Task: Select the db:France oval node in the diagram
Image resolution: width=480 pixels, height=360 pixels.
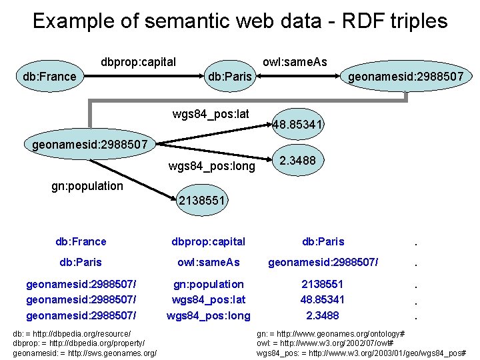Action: pos(49,77)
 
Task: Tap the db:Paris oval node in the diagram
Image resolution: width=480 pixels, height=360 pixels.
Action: pos(230,77)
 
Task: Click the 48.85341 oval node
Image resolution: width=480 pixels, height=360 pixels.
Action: pos(297,124)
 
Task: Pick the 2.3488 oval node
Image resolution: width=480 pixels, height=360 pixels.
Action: pos(297,161)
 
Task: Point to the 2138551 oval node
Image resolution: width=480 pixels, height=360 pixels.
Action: pos(203,200)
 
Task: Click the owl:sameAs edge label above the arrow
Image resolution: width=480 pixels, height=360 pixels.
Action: pos(295,62)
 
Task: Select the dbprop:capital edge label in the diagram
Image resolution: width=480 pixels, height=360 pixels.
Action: pos(138,62)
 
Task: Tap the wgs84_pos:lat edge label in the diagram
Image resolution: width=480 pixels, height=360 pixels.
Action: pos(211,114)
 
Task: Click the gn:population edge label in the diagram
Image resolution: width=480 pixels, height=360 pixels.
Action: pos(87,186)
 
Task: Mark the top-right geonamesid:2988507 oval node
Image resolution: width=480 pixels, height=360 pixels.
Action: pos(406,77)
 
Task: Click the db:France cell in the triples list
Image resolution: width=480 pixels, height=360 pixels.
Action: pos(81,241)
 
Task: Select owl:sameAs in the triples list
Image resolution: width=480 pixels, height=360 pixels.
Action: pos(208,263)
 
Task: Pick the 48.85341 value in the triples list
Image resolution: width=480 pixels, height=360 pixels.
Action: pos(323,300)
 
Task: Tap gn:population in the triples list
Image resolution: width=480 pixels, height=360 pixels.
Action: pos(208,284)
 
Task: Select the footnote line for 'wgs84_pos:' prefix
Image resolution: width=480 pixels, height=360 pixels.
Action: pos(361,352)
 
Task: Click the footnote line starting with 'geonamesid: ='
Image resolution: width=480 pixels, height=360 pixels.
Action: pos(85,352)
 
